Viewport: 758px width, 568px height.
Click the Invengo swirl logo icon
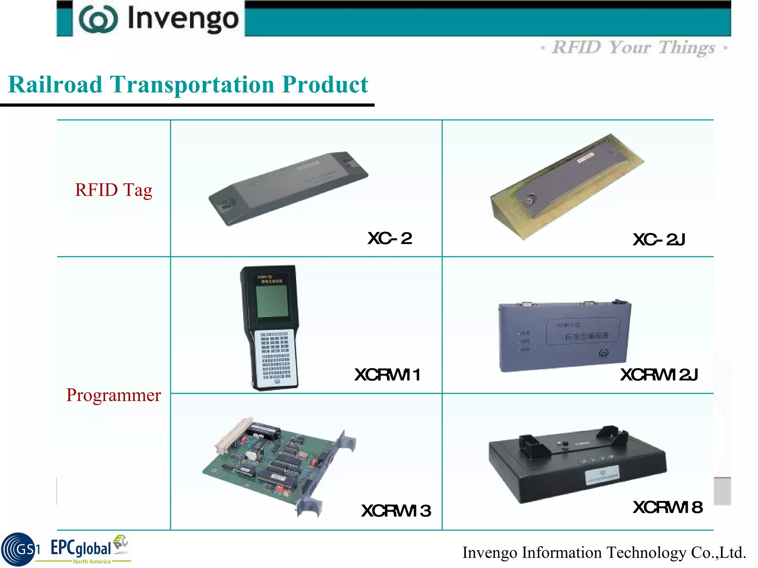tap(98, 19)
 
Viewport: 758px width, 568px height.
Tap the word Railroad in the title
tap(55, 85)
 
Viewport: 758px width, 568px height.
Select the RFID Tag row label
tap(114, 190)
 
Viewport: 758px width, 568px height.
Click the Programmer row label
tap(114, 395)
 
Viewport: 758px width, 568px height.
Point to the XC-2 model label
tap(390, 239)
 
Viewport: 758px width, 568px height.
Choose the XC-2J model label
tap(659, 240)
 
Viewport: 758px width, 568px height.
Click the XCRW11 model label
tap(387, 375)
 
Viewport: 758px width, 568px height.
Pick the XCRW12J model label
tap(659, 375)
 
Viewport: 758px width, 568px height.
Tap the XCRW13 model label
tap(396, 511)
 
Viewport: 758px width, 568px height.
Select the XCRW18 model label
tap(667, 507)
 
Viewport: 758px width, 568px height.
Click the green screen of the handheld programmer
tap(272, 301)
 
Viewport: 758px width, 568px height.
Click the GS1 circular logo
tap(19, 550)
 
